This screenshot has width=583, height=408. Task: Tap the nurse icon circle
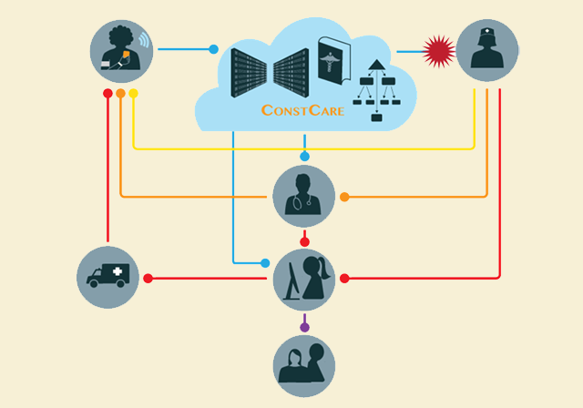[x=487, y=51]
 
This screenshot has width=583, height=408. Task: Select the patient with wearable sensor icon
[x=121, y=51]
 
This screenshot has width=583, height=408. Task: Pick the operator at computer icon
[x=304, y=279]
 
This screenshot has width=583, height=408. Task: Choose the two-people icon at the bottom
[x=304, y=366]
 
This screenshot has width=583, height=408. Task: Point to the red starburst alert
[x=440, y=51]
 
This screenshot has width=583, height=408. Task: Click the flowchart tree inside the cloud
[x=375, y=88]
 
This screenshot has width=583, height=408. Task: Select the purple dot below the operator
[x=304, y=327]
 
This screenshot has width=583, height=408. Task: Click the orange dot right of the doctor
[x=344, y=197]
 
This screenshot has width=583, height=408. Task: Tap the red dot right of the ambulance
[x=148, y=278]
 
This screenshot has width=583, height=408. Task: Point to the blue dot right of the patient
[x=214, y=49]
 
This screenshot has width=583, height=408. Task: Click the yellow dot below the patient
[x=134, y=93]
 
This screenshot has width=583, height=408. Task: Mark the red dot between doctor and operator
[x=304, y=242]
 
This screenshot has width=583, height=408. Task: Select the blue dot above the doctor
[x=304, y=157]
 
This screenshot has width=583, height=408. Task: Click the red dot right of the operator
[x=344, y=278]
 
